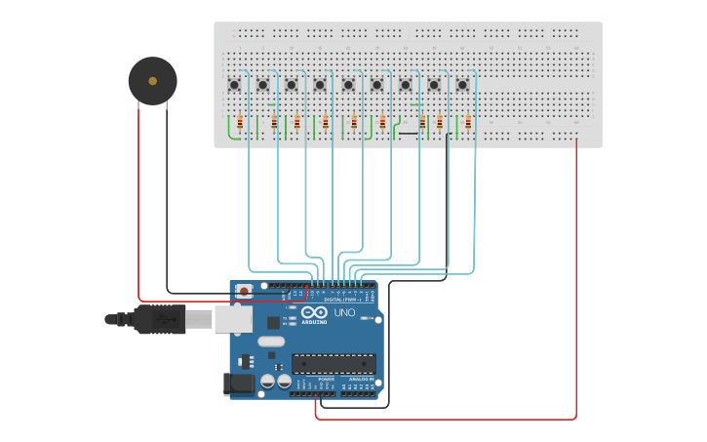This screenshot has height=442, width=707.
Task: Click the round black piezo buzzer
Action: click(x=153, y=81)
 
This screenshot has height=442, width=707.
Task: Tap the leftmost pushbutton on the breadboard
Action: click(x=234, y=85)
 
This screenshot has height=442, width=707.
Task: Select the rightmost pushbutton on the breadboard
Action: click(x=462, y=85)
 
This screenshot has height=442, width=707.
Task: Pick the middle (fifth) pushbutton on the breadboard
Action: click(x=348, y=85)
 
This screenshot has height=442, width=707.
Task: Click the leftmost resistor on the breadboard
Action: click(x=240, y=123)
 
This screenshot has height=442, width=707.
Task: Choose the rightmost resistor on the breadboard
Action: click(x=468, y=123)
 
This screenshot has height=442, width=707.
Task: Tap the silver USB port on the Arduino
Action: click(x=233, y=319)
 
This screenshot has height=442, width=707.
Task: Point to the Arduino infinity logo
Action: click(x=314, y=313)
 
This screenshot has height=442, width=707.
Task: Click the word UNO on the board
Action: click(x=344, y=313)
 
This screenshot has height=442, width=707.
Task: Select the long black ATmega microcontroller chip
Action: click(x=334, y=364)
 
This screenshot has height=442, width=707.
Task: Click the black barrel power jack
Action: click(x=239, y=384)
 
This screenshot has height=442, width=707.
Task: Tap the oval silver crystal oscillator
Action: click(x=271, y=342)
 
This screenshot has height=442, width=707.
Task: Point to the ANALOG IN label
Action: click(x=360, y=379)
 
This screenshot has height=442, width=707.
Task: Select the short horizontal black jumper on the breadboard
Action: click(x=408, y=134)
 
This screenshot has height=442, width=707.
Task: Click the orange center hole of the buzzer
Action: click(x=153, y=81)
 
